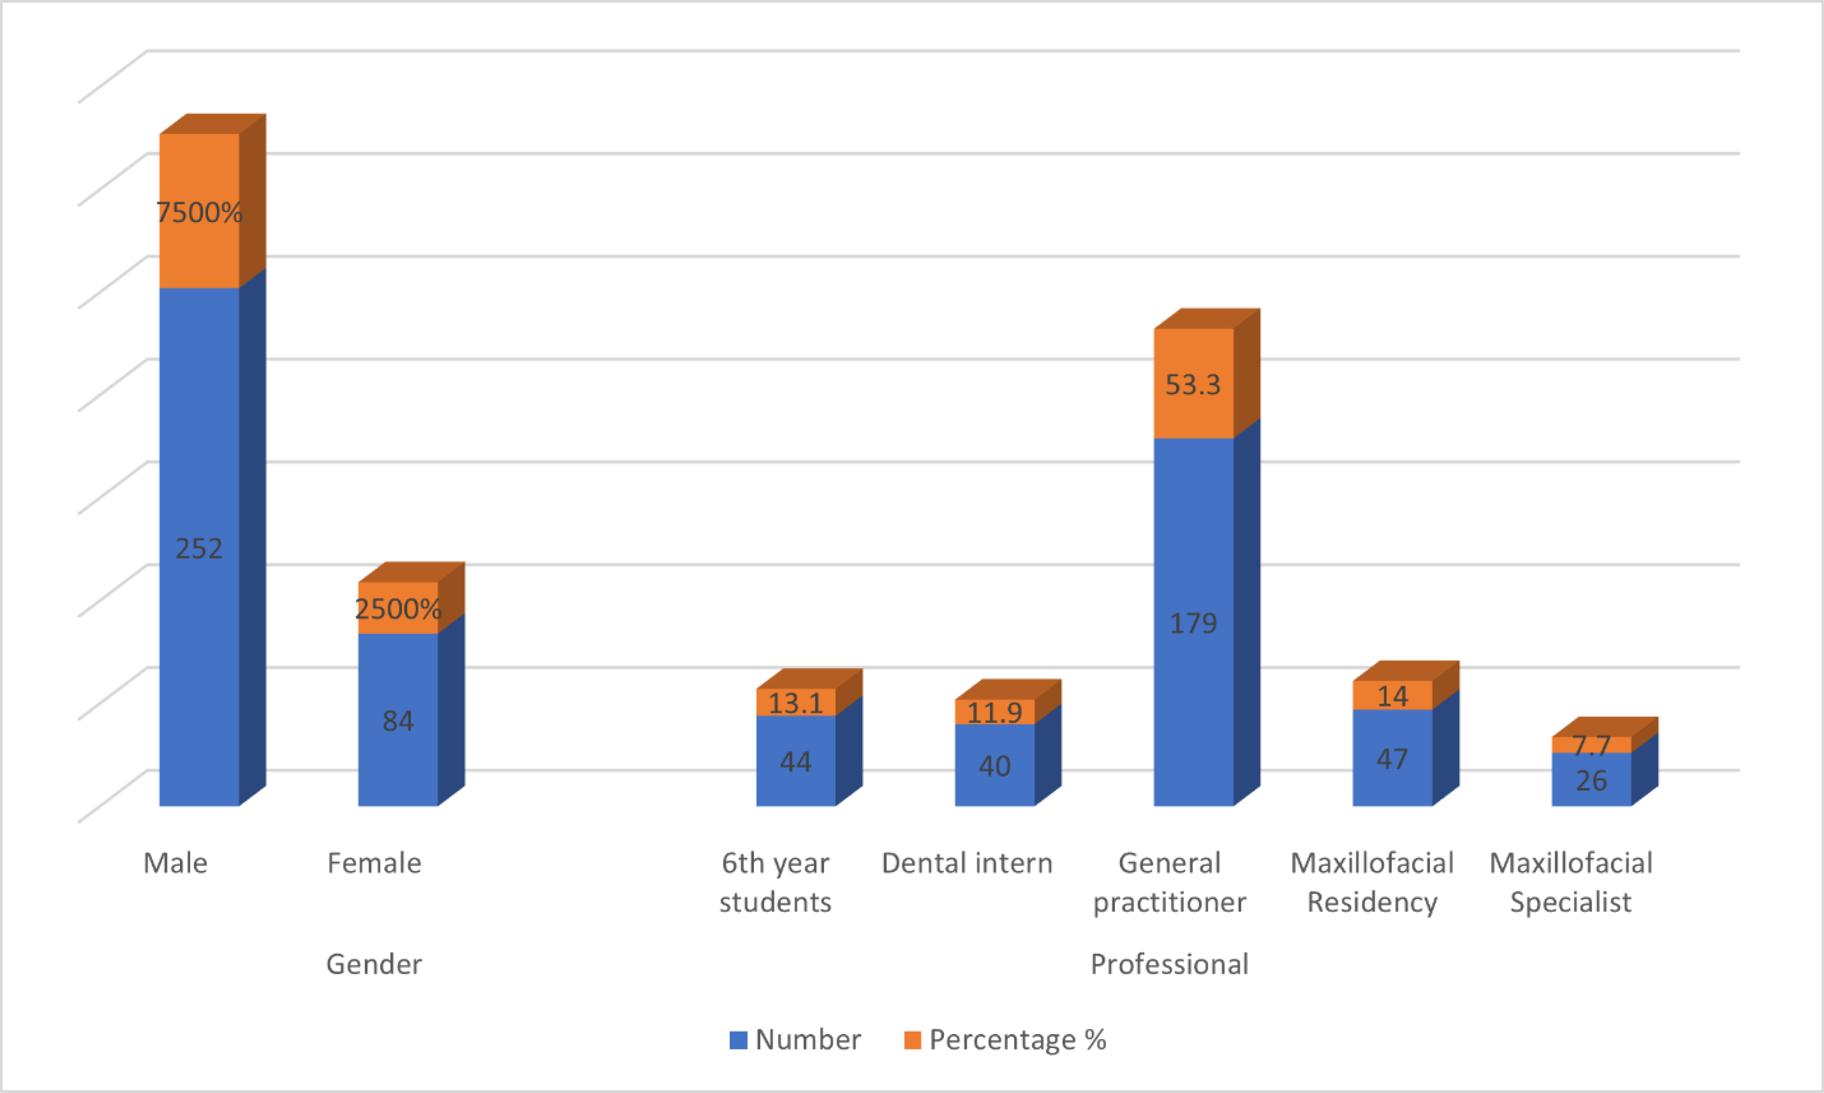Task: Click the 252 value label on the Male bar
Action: pos(199,549)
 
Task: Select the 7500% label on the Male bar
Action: pos(199,213)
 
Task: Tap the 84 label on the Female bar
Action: pos(398,721)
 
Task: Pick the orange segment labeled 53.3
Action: pos(1193,384)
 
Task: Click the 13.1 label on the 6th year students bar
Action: pos(796,703)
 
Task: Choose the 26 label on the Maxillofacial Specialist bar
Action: pos(1591,781)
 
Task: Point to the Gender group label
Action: pos(374,964)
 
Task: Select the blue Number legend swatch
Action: pos(738,1040)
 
